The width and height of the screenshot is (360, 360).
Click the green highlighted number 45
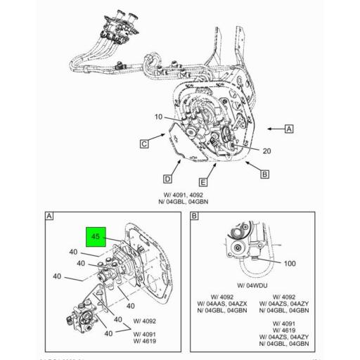pyautogui.click(x=94, y=238)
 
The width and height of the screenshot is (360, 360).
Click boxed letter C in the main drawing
pyautogui.click(x=143, y=145)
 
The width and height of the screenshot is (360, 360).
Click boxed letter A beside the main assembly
pyautogui.click(x=288, y=129)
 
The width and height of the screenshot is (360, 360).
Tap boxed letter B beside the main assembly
pyautogui.click(x=264, y=174)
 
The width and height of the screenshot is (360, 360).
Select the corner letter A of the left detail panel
pyautogui.click(x=50, y=217)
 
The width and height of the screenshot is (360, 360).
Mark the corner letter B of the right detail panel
pyautogui.click(x=194, y=217)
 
